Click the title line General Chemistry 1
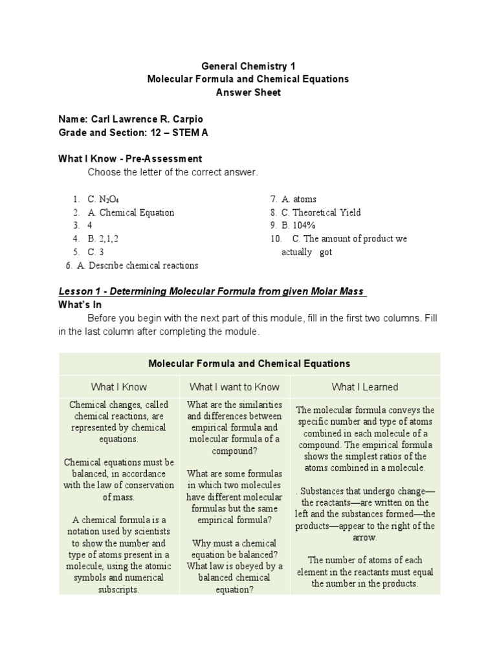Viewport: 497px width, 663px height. click(x=248, y=65)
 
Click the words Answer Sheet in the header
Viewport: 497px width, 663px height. click(x=248, y=93)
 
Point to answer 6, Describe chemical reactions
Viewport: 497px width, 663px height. click(x=137, y=265)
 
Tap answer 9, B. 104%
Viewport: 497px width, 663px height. click(x=298, y=225)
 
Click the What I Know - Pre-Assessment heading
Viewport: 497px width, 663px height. click(x=130, y=159)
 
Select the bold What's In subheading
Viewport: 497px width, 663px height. click(x=80, y=304)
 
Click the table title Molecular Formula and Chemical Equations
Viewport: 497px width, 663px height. click(x=249, y=364)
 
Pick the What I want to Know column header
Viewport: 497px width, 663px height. click(x=234, y=387)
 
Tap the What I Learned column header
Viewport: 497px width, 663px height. click(x=365, y=387)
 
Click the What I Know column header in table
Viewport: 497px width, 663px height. click(x=119, y=387)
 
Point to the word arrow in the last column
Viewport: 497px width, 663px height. click(x=365, y=537)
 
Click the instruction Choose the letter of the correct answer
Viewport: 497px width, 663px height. click(x=173, y=172)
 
